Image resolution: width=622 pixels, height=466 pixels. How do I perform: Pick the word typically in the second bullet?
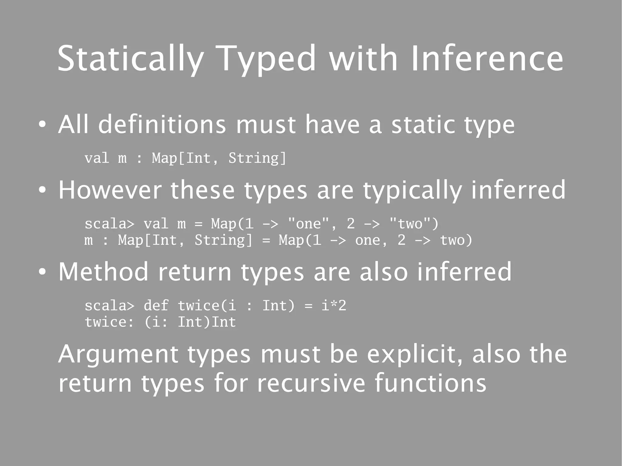tap(412, 191)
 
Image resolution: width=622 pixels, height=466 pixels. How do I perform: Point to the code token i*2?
tap(334, 305)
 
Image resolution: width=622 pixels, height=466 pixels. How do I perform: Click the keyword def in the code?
tap(156, 305)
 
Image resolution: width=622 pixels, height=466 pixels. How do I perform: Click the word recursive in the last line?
tap(311, 383)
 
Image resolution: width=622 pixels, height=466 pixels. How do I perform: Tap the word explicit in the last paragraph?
tap(415, 355)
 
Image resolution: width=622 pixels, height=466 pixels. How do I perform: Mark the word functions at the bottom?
tap(430, 383)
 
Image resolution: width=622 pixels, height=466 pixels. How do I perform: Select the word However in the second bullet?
tap(110, 190)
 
